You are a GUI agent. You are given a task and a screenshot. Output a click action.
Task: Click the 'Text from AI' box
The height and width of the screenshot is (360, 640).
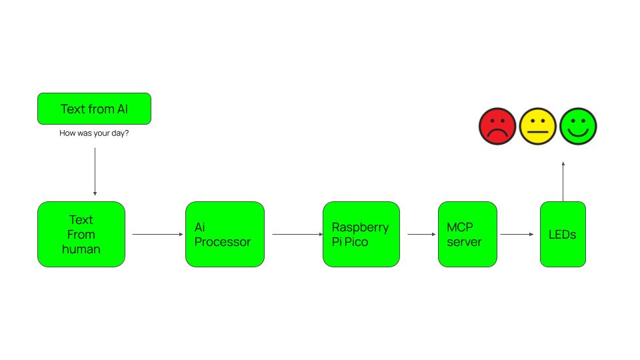click(x=94, y=109)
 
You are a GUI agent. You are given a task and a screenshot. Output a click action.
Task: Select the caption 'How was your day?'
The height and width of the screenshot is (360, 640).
click(x=94, y=133)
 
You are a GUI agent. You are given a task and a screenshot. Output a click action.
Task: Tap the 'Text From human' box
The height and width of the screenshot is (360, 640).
click(x=81, y=234)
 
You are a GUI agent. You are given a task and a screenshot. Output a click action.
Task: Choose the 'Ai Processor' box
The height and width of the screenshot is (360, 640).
click(x=225, y=234)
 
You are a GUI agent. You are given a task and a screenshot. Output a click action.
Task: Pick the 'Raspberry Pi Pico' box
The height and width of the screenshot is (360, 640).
click(x=361, y=234)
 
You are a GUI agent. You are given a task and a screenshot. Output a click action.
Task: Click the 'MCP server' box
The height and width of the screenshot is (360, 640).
click(x=467, y=234)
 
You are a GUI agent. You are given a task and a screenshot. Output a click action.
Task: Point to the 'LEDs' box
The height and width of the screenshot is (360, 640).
click(x=563, y=234)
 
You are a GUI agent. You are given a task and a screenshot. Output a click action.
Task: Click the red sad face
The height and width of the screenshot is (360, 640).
click(x=497, y=126)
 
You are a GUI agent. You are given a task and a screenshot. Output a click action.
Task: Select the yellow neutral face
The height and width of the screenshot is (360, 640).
click(x=537, y=126)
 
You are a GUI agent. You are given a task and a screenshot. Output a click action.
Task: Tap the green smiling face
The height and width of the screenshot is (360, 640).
click(x=578, y=126)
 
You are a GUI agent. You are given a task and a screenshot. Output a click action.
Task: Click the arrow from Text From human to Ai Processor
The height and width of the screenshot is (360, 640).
click(x=157, y=234)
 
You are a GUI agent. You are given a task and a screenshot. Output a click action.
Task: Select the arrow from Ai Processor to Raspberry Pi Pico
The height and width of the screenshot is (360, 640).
click(x=296, y=234)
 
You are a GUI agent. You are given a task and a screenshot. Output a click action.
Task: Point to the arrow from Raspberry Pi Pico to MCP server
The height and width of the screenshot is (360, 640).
click(x=421, y=234)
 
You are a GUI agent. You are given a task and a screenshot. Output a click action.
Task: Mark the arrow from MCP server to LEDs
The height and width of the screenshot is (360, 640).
click(x=517, y=234)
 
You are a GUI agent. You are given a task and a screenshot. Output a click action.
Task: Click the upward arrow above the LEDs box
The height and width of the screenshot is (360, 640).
click(x=563, y=181)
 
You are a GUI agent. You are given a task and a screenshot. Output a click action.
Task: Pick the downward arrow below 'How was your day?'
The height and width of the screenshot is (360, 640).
click(x=95, y=171)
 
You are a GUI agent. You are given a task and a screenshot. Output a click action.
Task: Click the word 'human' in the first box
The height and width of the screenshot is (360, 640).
click(x=81, y=249)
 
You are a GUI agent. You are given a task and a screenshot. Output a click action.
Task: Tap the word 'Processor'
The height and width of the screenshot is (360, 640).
click(x=223, y=242)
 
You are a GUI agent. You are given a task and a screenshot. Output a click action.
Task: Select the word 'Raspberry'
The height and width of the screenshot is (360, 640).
click(x=360, y=227)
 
